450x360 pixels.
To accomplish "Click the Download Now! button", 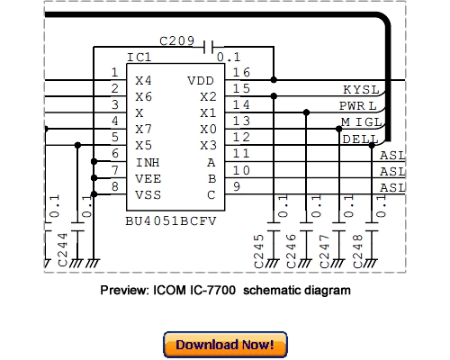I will (x=225, y=345).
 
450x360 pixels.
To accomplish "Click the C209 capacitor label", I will (x=176, y=41).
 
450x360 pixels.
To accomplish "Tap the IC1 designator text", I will (x=139, y=58).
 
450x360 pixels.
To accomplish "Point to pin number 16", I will (x=241, y=72).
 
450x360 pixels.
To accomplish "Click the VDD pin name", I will (x=201, y=80).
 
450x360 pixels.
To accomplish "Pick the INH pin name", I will (x=148, y=163).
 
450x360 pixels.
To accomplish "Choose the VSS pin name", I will (x=148, y=193).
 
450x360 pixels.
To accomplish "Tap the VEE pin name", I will (x=148, y=178).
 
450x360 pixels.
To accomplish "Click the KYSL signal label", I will (x=361, y=89).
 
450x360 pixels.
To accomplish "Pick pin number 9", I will (x=236, y=186).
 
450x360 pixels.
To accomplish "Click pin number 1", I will (x=114, y=72).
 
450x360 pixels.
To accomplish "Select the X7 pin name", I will (x=143, y=130).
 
